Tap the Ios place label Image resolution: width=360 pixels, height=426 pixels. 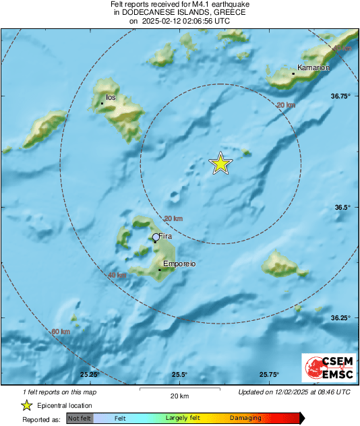[111, 98]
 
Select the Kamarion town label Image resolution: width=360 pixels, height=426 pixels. [314, 67]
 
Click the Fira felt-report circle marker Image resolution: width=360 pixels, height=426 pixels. [156, 237]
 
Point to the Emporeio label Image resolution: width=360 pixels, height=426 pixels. [179, 264]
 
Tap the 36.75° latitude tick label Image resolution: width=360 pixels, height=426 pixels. [341, 96]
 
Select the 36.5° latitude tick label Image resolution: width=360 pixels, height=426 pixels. [343, 207]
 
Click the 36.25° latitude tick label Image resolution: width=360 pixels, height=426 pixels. [341, 317]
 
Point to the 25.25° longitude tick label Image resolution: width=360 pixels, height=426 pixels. [90, 375]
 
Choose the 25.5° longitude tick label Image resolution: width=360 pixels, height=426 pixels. [179, 375]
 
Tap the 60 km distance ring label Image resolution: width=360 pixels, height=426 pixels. [61, 332]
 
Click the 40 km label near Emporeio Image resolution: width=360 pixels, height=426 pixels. [117, 275]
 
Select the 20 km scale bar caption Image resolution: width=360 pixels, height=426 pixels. [179, 396]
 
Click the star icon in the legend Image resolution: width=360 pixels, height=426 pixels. [26, 406]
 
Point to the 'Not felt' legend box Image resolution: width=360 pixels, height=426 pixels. [78, 418]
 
